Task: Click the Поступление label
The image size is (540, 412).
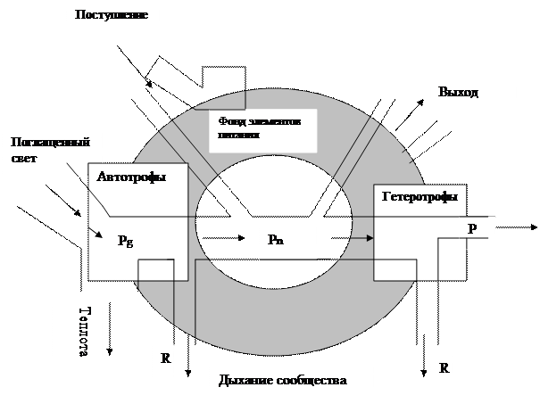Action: (113, 16)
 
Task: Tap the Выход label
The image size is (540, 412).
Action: (459, 92)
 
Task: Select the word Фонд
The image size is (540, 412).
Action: (228, 121)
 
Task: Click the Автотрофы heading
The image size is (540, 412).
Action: (132, 177)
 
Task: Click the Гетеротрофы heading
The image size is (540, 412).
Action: (420, 197)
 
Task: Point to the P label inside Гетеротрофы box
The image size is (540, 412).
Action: (472, 228)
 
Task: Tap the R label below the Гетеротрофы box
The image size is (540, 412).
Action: (444, 367)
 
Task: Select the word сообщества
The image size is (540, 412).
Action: (309, 381)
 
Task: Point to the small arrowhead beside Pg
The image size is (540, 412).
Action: (96, 234)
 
